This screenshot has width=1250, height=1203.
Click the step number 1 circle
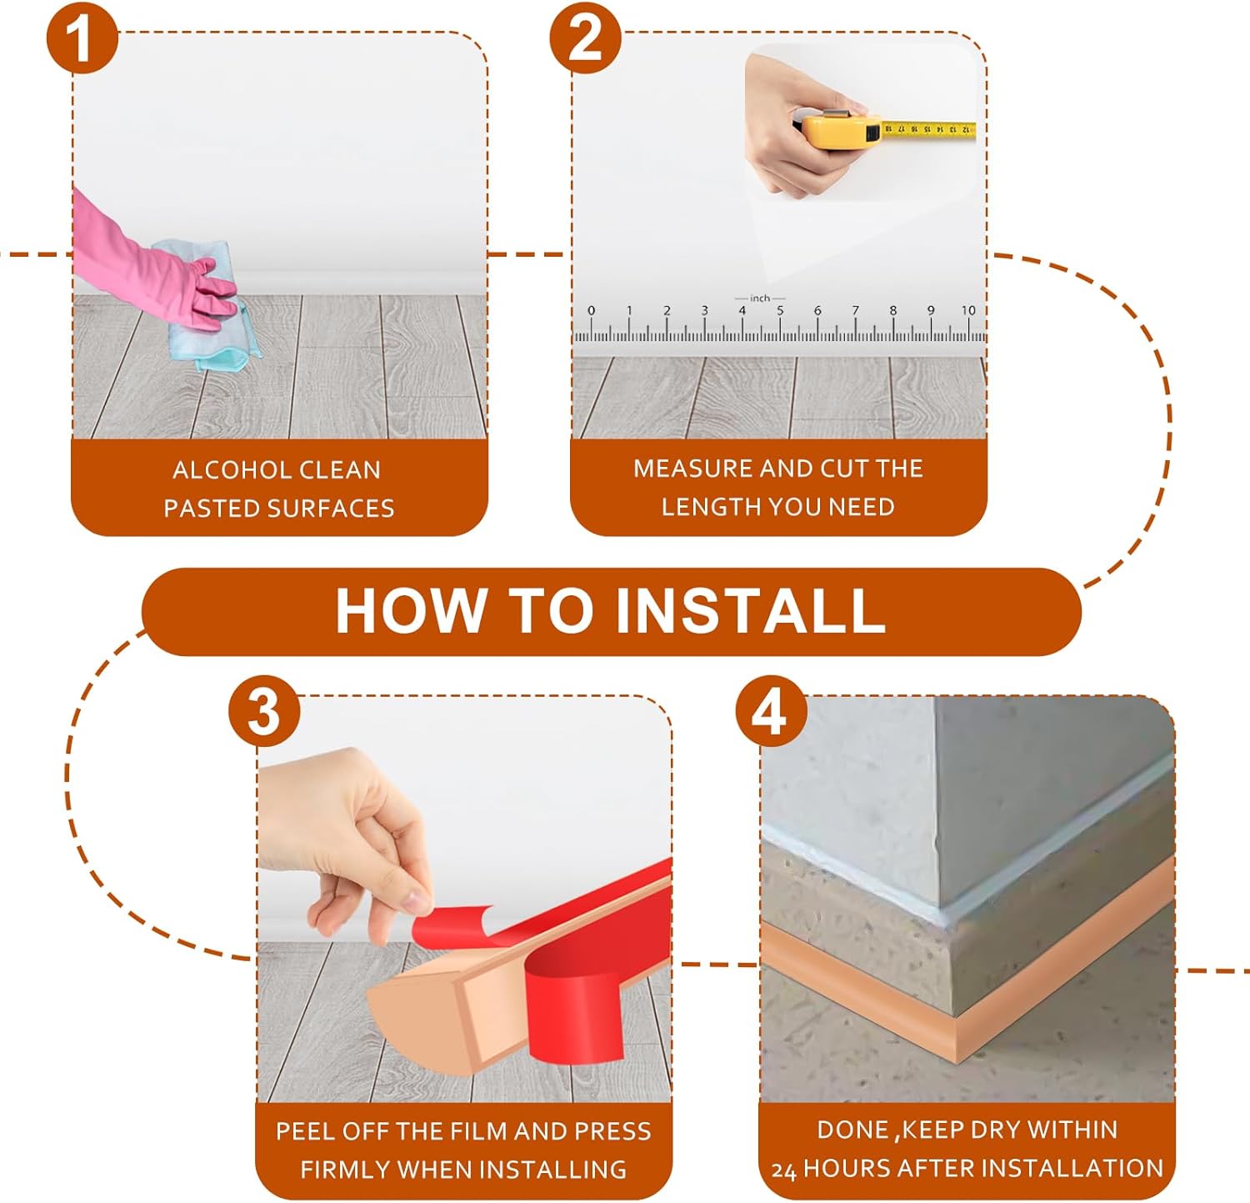(x=82, y=38)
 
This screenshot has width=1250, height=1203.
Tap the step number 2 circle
(x=586, y=38)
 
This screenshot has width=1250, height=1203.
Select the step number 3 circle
(x=264, y=711)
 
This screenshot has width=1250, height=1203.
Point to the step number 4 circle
(x=771, y=711)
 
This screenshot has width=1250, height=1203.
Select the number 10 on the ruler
(x=967, y=310)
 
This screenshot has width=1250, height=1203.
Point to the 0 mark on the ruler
(x=591, y=310)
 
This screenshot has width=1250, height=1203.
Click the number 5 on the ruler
(x=780, y=310)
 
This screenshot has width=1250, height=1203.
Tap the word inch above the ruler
(x=760, y=298)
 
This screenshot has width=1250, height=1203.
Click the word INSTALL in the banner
(x=750, y=611)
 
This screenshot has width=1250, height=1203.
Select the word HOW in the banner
(x=412, y=611)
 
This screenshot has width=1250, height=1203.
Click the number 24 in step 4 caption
(x=784, y=1170)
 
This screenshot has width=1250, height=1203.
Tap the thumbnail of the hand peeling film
(x=464, y=899)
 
